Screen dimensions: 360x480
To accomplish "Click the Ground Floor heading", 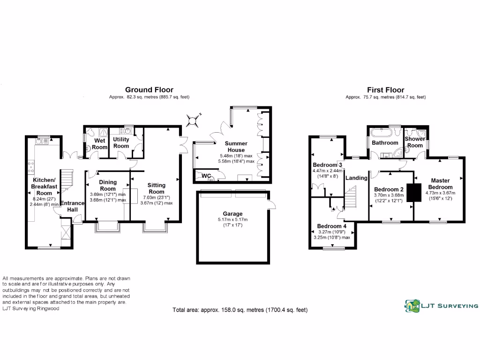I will tap(149, 90).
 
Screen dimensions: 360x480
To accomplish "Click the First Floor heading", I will tap(386, 90).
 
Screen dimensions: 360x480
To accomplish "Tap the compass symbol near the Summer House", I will tap(192, 120).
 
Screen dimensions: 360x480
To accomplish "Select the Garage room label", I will tap(232, 214).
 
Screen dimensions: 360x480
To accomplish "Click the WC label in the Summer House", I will tap(207, 176).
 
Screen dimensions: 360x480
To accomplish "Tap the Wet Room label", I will tap(99, 144).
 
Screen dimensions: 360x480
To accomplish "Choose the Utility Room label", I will tap(121, 142).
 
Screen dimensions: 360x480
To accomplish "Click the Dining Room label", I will tap(108, 185).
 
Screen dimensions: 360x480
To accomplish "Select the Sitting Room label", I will tap(156, 188).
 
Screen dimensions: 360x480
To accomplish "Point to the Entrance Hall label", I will tap(72, 206).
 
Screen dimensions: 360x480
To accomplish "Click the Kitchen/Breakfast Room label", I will tap(45, 187).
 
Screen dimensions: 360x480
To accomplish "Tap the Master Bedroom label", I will tap(441, 184).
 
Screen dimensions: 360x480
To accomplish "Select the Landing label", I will tap(356, 178).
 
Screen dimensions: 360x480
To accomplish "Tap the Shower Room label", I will tap(415, 142).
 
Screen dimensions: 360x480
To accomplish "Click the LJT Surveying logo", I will tap(441, 306).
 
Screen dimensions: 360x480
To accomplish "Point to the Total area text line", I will tap(240, 310).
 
